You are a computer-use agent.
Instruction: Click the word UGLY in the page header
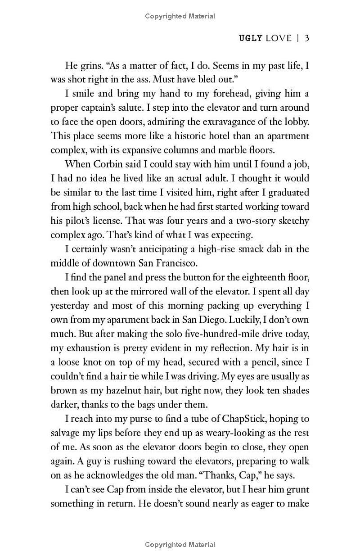[251, 38]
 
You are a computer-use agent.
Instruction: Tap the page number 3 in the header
[306, 38]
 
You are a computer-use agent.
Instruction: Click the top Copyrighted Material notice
[180, 16]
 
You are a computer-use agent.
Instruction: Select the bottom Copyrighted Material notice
[180, 545]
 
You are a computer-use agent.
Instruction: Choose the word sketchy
[292, 221]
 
